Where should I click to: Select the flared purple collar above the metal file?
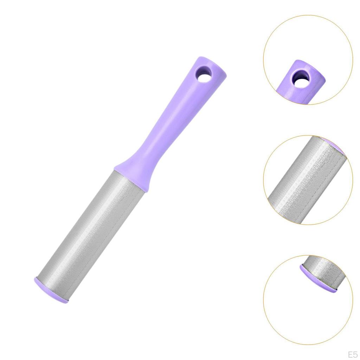(x=135, y=174)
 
